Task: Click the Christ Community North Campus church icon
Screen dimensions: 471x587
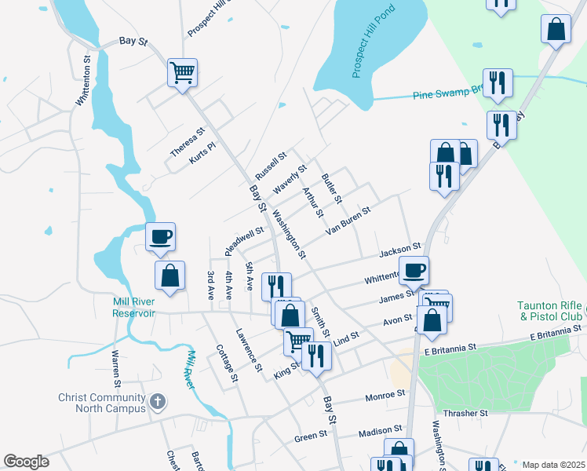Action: (x=157, y=402)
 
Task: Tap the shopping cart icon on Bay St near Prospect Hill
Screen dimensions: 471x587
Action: (x=182, y=73)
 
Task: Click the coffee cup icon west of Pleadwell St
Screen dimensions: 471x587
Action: (x=160, y=236)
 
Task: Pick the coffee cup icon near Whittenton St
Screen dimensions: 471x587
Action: (x=414, y=271)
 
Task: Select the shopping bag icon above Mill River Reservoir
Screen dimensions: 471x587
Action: (x=170, y=276)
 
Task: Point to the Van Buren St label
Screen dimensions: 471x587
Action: (x=348, y=219)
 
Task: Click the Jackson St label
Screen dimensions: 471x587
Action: (x=400, y=250)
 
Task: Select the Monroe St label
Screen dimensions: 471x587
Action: (x=385, y=395)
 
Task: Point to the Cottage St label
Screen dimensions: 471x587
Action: (x=226, y=364)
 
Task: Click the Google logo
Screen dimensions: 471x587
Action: (x=25, y=462)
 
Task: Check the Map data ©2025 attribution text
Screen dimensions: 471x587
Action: (x=553, y=465)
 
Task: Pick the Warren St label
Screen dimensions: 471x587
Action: (x=115, y=368)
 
